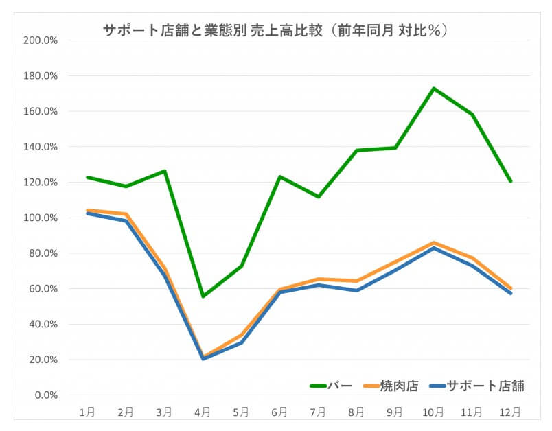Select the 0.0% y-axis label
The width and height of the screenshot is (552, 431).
point(46,395)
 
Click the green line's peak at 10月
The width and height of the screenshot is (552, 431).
point(433,89)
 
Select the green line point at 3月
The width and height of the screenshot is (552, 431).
point(165,171)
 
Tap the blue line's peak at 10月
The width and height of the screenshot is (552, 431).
point(433,248)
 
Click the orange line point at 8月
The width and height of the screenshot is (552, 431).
point(356,281)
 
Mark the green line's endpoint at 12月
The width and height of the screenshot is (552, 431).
point(511,181)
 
